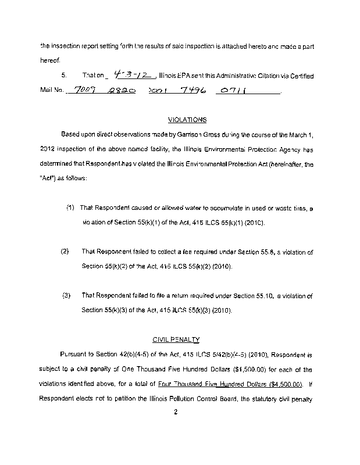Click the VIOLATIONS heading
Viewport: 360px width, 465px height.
click(187, 120)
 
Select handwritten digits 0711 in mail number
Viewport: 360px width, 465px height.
click(231, 91)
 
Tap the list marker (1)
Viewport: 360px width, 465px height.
click(70, 208)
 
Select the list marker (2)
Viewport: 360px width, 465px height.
click(65, 252)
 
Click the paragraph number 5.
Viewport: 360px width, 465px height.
click(64, 76)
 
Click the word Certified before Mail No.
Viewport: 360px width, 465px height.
click(301, 76)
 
